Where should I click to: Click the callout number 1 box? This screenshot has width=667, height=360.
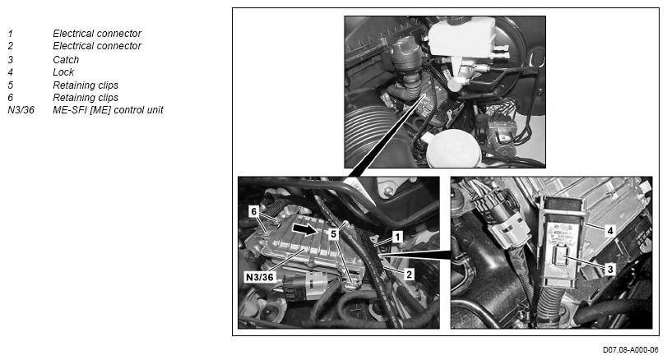tap(397, 237)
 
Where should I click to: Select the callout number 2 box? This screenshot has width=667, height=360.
tap(409, 275)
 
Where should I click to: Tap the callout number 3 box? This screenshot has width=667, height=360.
tap(610, 269)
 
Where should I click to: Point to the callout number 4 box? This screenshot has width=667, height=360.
tap(610, 231)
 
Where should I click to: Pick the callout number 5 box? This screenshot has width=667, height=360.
tap(334, 233)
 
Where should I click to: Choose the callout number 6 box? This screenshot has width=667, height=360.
tap(254, 211)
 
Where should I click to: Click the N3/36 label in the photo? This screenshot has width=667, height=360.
tap(260, 277)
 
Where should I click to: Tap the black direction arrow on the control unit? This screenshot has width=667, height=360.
tap(304, 229)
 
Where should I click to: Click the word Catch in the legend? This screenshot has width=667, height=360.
tap(66, 60)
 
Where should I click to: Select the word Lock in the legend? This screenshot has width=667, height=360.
tap(63, 72)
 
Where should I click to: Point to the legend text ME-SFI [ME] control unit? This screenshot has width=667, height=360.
tap(108, 110)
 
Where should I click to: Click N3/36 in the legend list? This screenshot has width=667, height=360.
tap(21, 110)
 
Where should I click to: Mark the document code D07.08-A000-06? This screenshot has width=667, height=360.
tap(631, 350)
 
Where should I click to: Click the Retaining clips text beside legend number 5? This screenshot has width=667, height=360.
tap(86, 85)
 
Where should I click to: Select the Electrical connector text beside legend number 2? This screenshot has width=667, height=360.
tap(97, 46)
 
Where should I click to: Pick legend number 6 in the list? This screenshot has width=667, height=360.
tap(11, 98)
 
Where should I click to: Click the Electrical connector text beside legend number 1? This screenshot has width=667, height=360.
tap(97, 34)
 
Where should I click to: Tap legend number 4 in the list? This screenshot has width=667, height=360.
tap(11, 72)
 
